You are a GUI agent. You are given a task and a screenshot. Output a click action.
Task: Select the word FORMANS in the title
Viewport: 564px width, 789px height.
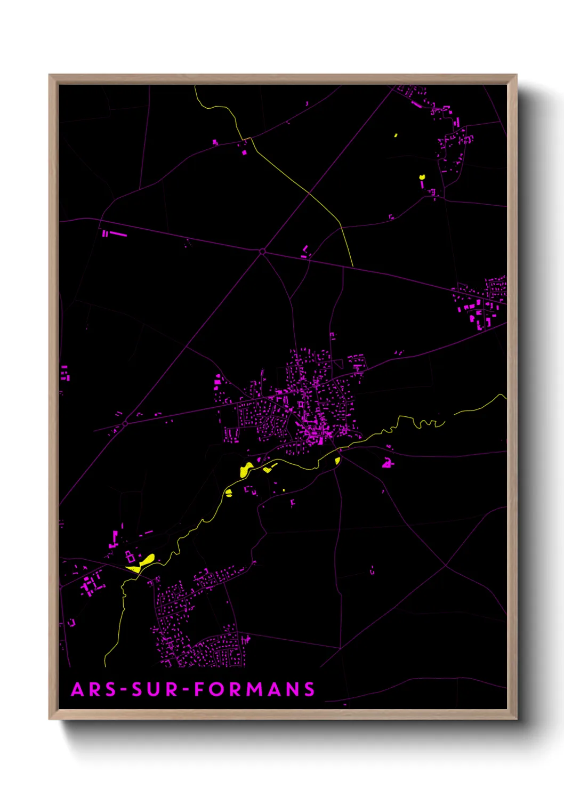pyautogui.click(x=254, y=689)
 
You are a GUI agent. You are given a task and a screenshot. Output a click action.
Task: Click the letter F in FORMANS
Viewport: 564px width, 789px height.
pyautogui.click(x=199, y=689)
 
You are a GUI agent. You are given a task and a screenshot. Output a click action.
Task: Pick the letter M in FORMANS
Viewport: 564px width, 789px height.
pyautogui.click(x=253, y=689)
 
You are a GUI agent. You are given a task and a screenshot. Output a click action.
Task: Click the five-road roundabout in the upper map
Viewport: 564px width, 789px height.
pyautogui.click(x=262, y=251)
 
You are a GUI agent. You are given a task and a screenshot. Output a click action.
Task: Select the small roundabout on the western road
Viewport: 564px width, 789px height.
pyautogui.click(x=125, y=424)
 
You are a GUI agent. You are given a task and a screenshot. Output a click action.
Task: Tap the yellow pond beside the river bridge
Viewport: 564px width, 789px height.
pyautogui.click(x=337, y=460)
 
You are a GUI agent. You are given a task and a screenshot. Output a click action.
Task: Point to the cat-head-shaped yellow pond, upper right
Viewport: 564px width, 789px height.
pyautogui.click(x=422, y=176)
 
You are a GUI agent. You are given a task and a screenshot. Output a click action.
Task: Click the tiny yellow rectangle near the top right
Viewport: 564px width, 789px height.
pyautogui.click(x=396, y=135)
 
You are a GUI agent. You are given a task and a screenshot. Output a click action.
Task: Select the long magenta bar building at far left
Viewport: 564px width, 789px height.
pyautogui.click(x=118, y=234)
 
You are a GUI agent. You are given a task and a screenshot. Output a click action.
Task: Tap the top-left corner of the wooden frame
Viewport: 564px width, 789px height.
pyautogui.click(x=50, y=75)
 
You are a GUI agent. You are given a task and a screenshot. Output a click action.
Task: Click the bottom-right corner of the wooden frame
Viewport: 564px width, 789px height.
pyautogui.click(x=516, y=719)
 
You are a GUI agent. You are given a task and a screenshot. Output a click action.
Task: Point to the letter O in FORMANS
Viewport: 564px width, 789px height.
pyautogui.click(x=216, y=689)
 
